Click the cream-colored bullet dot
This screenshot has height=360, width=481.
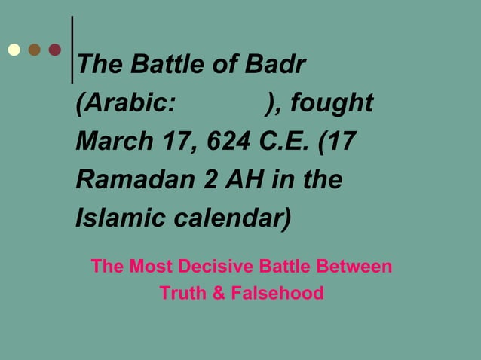point(14,50)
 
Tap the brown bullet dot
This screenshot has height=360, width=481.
point(34,50)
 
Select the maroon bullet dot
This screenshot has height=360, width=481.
point(54,50)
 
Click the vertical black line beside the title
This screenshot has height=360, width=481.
point(72,49)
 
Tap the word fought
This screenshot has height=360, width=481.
point(332,103)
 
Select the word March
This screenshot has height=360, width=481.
point(109,142)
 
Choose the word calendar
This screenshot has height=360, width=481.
point(233,219)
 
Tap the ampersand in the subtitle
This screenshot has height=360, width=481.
point(218,293)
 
